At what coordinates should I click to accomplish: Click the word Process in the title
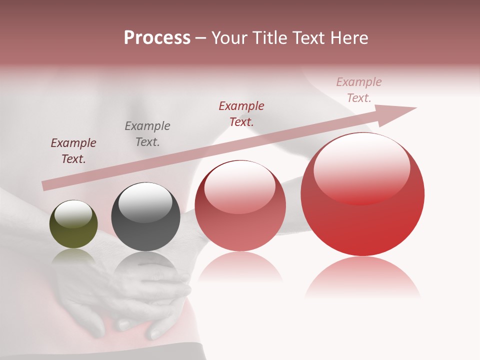pyautogui.click(x=157, y=38)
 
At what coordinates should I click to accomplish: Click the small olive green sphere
pyautogui.click(x=73, y=224)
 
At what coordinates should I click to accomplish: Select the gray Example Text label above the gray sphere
pyautogui.click(x=147, y=134)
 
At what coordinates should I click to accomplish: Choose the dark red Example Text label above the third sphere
pyautogui.click(x=241, y=113)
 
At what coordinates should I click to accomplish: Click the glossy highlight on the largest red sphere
pyautogui.click(x=361, y=167)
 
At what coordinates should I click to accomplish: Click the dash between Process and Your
pyautogui.click(x=201, y=38)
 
